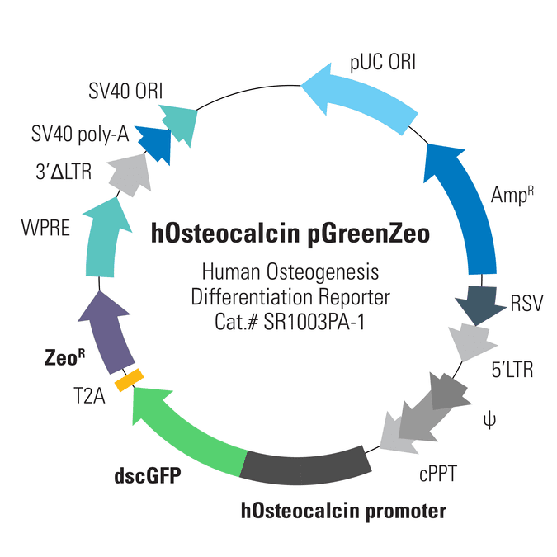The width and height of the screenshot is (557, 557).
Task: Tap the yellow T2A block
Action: click(x=129, y=380)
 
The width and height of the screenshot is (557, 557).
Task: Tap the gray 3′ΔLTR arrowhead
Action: click(x=130, y=175)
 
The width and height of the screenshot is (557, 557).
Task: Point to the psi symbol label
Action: click(x=489, y=420)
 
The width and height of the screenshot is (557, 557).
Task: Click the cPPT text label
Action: click(x=437, y=474)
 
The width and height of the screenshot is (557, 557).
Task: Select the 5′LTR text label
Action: click(x=512, y=370)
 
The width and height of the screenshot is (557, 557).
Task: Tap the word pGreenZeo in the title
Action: click(x=368, y=235)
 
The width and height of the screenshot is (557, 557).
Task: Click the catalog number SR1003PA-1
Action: click(x=314, y=323)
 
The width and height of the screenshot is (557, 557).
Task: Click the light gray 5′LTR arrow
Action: click(x=473, y=342)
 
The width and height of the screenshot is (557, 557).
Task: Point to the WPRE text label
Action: click(x=45, y=228)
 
